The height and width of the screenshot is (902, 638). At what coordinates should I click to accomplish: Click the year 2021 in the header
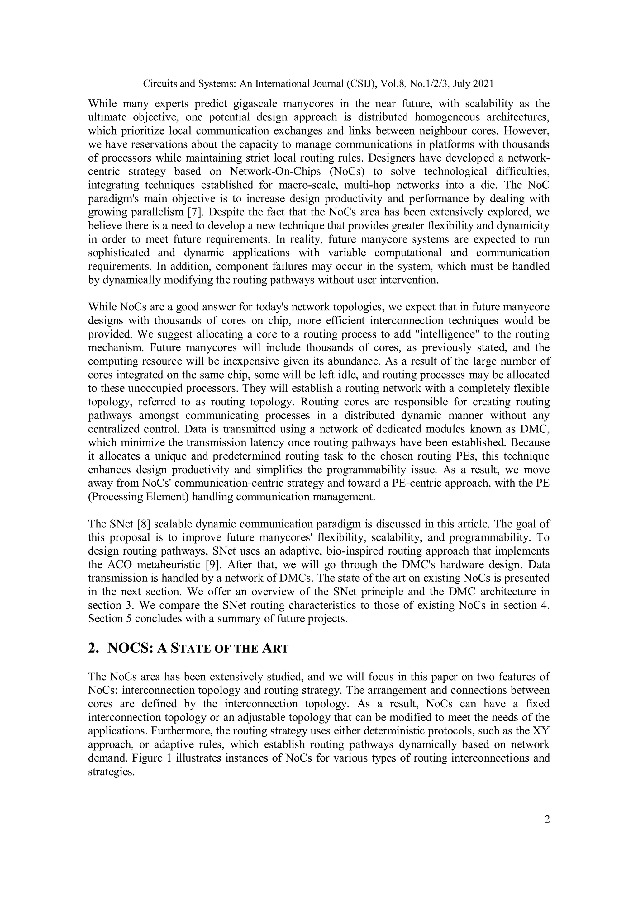pos(483,84)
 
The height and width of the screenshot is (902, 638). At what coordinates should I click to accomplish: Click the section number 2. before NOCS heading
pos(93,648)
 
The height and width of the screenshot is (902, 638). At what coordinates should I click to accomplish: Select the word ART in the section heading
pos(275,649)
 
